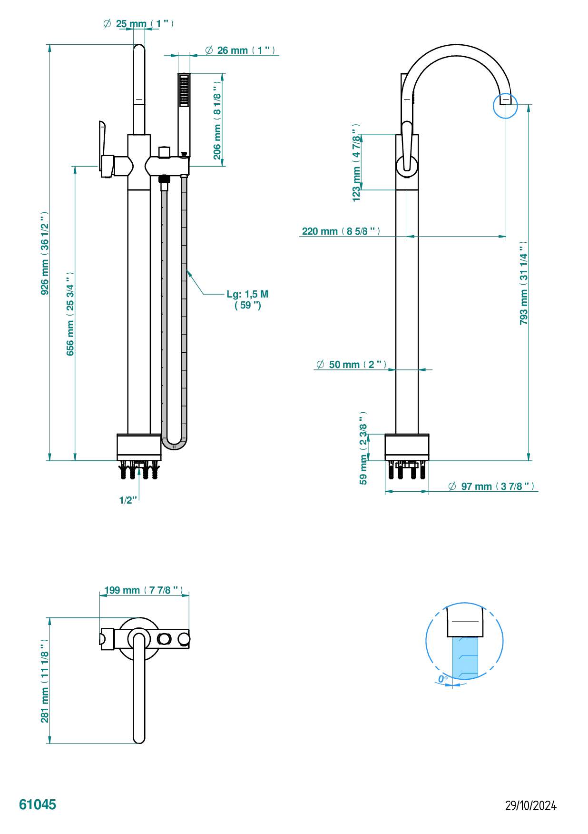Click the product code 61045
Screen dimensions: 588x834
(38, 804)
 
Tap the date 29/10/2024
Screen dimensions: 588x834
(530, 805)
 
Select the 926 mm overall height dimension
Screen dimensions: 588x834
(45, 253)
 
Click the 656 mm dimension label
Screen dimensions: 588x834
(70, 314)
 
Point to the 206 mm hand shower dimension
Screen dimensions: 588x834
(217, 120)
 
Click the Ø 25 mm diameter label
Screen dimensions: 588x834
(138, 23)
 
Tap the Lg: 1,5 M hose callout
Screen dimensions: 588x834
(247, 300)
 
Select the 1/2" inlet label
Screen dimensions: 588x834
(128, 500)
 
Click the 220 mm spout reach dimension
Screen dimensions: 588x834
(341, 231)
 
